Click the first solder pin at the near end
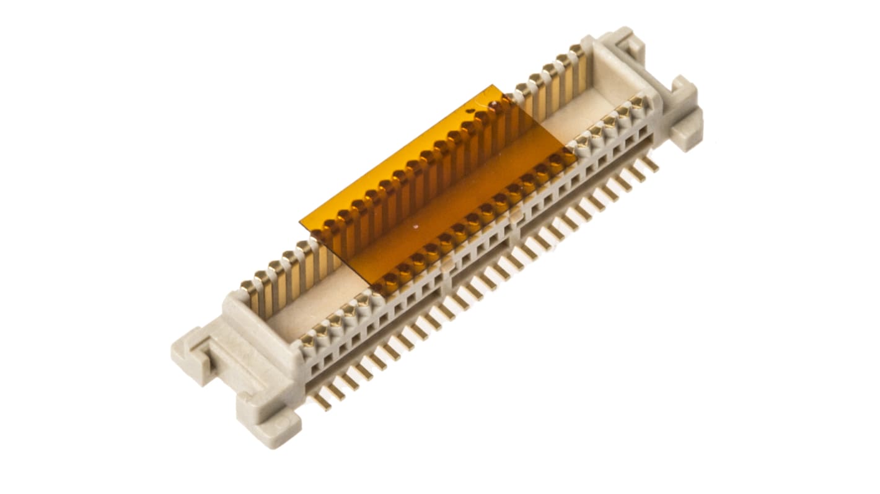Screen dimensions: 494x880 321,401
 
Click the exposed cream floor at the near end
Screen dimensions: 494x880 291,316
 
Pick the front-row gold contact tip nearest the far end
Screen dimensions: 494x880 637,103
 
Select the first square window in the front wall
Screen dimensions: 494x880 315,368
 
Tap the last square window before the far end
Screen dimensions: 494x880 644,131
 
